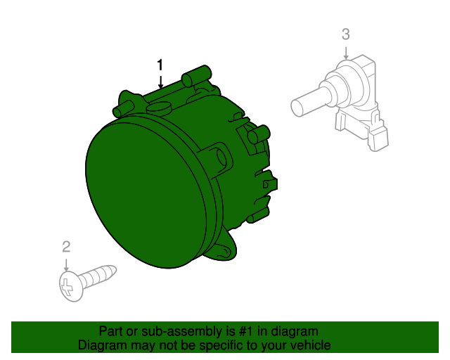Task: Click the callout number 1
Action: tap(160, 65)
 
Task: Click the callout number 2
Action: tap(66, 246)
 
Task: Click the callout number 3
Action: tap(345, 34)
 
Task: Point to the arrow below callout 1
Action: tap(160, 82)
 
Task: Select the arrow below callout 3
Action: tap(345, 52)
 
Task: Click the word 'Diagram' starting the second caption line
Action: tap(101, 345)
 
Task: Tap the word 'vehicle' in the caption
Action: tap(307, 345)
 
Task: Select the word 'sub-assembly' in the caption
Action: tap(162, 331)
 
